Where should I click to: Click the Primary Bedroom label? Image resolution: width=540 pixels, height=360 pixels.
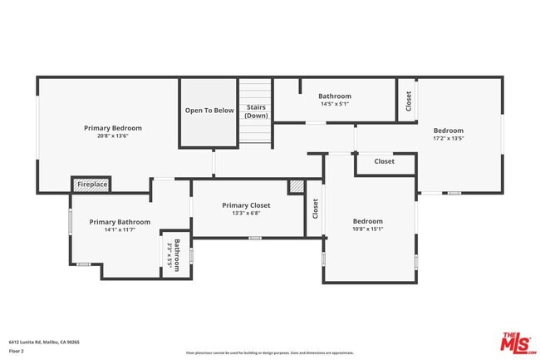point(113,128)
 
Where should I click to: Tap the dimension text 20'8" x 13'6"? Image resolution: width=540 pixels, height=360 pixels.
point(113,136)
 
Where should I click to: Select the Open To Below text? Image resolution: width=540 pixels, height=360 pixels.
point(209,110)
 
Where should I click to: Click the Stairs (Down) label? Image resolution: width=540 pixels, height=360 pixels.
point(256,112)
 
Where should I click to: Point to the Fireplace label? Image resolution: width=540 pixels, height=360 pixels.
point(91,184)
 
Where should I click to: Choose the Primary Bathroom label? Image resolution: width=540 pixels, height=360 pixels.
point(120,222)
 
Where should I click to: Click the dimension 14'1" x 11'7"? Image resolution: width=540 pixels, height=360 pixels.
point(120,230)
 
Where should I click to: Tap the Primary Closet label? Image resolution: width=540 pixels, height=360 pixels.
point(248,205)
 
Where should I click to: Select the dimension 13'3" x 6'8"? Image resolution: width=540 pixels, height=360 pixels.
point(248,214)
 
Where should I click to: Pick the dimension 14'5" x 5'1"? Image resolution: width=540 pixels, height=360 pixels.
point(335,105)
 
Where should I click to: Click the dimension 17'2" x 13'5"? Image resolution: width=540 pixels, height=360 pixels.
point(448,139)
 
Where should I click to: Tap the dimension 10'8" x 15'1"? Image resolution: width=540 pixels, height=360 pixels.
point(368,229)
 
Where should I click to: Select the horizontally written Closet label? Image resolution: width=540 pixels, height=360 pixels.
point(384,161)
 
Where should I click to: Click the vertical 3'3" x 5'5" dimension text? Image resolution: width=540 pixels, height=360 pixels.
point(169,253)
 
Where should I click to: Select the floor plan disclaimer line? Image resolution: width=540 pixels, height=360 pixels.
point(269,353)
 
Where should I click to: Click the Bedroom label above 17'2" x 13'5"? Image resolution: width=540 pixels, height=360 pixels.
point(448,131)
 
